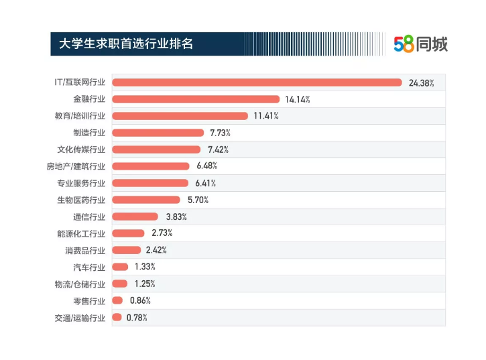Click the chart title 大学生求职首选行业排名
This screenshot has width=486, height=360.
point(126,44)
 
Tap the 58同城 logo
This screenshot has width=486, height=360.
point(420,44)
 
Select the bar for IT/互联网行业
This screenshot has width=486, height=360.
point(257,82)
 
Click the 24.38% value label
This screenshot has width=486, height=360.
point(422,83)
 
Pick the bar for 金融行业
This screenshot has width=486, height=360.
point(196,99)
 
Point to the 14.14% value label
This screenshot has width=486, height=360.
point(298,100)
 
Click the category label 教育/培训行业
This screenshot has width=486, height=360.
point(80,116)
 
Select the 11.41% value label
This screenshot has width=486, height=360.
point(266,116)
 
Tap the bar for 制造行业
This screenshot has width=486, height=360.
point(158,133)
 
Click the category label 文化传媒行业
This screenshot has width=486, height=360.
point(81,149)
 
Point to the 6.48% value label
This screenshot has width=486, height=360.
point(207,166)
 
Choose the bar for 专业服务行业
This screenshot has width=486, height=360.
point(151,183)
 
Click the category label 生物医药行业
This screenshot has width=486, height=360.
point(81,200)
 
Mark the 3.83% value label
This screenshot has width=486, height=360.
point(176,217)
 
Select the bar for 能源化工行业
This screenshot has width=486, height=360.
point(129,233)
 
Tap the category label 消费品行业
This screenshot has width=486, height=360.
point(85,250)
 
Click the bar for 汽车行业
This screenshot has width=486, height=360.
point(121,267)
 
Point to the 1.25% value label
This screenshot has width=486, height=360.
point(145,284)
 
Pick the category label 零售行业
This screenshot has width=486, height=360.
point(89,300)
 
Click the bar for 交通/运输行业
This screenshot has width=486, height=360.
point(117,317)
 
